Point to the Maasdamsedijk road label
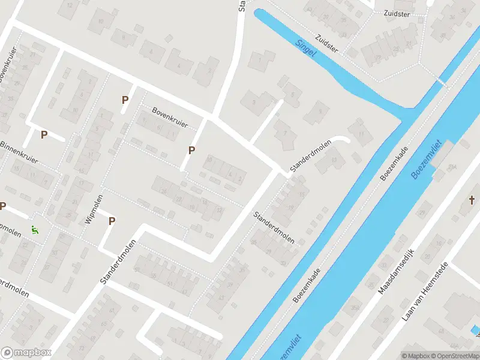click(397, 271)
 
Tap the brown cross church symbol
click(472, 200)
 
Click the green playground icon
click(34, 229)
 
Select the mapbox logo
click(26, 353)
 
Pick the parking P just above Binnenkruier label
click(44, 135)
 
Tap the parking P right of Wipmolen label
click(112, 221)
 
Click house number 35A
click(355, 308)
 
